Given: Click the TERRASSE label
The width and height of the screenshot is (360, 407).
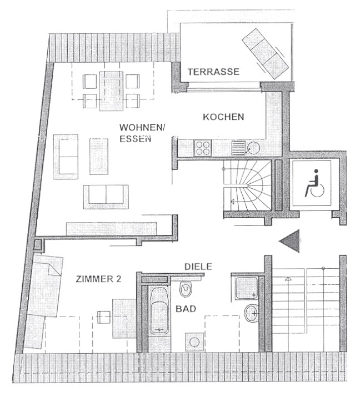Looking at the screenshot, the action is click(x=213, y=72).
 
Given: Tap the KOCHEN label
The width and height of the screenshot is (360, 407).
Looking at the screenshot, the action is click(x=223, y=117).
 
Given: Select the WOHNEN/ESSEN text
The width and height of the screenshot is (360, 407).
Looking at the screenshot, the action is click(x=142, y=133).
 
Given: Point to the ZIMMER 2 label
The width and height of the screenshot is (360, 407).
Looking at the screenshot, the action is click(x=98, y=279).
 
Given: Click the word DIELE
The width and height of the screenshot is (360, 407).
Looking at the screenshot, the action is click(x=198, y=267).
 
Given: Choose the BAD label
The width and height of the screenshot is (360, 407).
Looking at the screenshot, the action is click(x=186, y=309).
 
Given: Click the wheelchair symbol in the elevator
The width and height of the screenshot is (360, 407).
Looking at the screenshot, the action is click(x=314, y=183).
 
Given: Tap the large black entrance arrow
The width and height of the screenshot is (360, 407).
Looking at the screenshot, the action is click(x=289, y=241).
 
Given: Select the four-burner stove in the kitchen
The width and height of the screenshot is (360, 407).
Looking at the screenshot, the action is click(x=203, y=148).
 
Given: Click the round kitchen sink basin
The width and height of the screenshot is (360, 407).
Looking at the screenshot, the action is click(x=253, y=148).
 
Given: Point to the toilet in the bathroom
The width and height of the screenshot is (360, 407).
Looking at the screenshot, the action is click(x=186, y=288).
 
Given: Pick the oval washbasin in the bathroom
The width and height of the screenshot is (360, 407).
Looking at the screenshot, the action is click(x=252, y=313).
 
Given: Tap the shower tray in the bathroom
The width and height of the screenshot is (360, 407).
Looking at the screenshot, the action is click(x=247, y=288).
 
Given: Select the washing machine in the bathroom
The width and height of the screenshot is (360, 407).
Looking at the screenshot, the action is click(x=194, y=343).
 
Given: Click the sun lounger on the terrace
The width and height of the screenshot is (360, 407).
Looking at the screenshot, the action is click(x=265, y=53).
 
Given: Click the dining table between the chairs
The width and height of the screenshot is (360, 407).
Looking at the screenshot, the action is click(x=112, y=91).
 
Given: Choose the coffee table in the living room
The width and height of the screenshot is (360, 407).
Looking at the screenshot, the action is click(x=99, y=157).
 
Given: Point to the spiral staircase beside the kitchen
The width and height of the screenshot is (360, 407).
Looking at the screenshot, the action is click(x=247, y=185).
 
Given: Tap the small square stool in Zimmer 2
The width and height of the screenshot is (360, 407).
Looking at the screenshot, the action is click(x=104, y=317).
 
